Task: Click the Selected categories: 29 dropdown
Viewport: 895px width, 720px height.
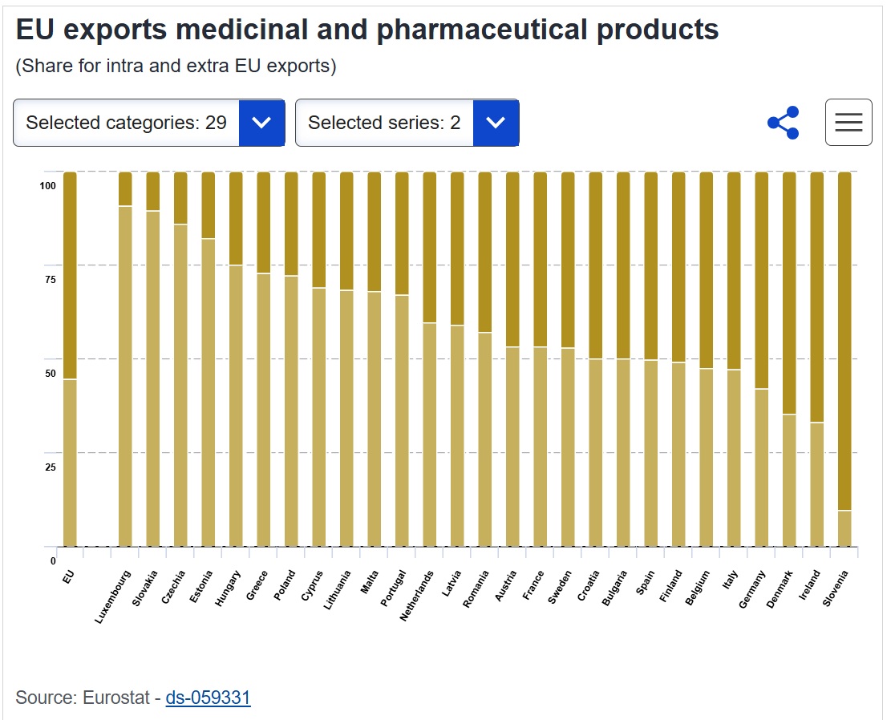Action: tap(148, 123)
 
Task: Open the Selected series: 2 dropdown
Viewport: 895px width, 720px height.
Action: tap(407, 123)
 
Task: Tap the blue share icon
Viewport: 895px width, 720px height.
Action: tap(783, 123)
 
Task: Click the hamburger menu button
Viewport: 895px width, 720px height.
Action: tap(848, 123)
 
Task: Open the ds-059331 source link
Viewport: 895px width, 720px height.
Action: tap(208, 698)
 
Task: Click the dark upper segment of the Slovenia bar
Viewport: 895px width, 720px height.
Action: tap(844, 337)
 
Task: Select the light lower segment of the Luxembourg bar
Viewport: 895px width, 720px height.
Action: tap(125, 377)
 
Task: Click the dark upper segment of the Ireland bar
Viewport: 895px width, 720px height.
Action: tap(816, 297)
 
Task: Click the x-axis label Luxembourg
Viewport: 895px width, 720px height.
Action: tap(114, 597)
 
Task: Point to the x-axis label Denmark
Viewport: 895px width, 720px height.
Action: tap(779, 590)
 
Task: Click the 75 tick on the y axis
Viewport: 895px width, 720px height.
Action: tap(50, 280)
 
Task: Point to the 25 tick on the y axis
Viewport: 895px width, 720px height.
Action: tap(50, 467)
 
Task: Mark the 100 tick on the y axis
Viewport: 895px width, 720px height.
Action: tap(47, 186)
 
